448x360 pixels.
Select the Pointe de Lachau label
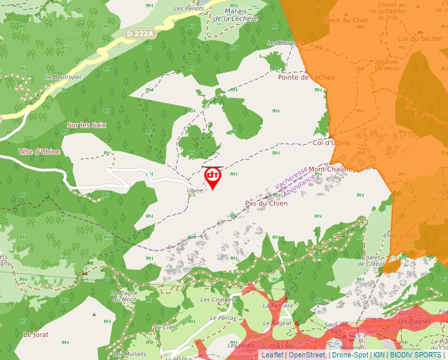coord(306,77)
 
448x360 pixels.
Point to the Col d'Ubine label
coord(329,143)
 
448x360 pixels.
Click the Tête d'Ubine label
coord(39,152)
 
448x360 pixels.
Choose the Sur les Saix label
coord(86,124)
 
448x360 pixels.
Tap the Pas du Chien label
coord(266,203)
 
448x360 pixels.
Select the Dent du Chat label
coord(346,20)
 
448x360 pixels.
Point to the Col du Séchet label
coord(420,38)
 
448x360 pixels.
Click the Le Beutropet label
coord(63,77)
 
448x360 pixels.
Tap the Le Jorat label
coord(36,334)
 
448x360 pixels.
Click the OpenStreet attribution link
coord(307,355)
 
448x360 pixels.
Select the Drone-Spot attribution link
coord(350,355)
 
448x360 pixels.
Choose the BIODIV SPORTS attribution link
coord(416,355)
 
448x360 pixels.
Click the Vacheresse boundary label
coord(292,176)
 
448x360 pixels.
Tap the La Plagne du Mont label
coord(123,296)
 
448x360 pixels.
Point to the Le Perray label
coord(223,317)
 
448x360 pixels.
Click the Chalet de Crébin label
coord(372,261)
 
